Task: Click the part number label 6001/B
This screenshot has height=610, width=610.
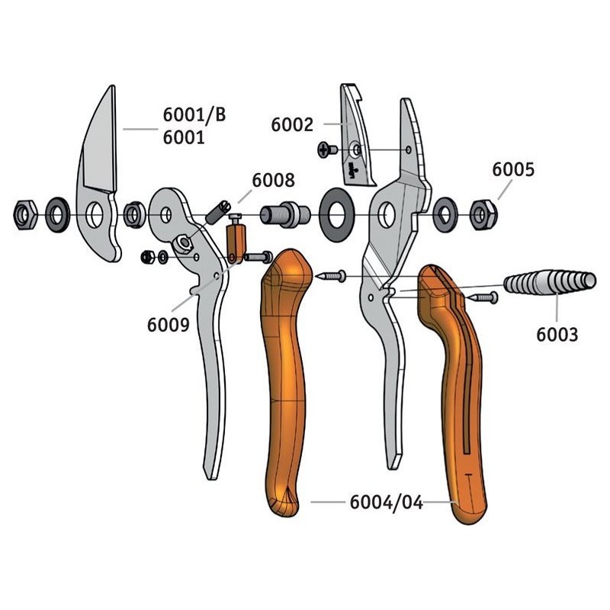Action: pyautogui.click(x=194, y=115)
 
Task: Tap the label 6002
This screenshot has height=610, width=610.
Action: pyautogui.click(x=292, y=125)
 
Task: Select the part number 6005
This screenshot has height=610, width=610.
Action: pyautogui.click(x=513, y=169)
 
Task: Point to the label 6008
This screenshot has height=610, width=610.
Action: pyautogui.click(x=274, y=181)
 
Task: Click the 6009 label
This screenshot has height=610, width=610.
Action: pyautogui.click(x=168, y=325)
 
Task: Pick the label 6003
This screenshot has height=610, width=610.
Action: pyautogui.click(x=557, y=335)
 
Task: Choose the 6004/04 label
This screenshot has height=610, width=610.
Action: pyautogui.click(x=387, y=502)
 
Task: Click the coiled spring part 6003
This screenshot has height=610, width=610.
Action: pyautogui.click(x=550, y=282)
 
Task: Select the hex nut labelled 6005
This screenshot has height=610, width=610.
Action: pyautogui.click(x=483, y=214)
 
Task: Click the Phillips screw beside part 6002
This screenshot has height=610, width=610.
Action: pyautogui.click(x=328, y=149)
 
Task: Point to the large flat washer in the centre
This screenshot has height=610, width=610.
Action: pyautogui.click(x=336, y=214)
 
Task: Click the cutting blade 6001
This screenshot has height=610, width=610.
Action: pyautogui.click(x=98, y=174)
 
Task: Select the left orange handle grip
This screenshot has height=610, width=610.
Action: pyautogui.click(x=285, y=383)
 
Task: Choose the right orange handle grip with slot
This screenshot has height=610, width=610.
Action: pyautogui.click(x=453, y=393)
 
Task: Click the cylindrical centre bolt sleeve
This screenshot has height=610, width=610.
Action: pyautogui.click(x=285, y=214)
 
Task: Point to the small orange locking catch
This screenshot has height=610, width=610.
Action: pyautogui.click(x=236, y=239)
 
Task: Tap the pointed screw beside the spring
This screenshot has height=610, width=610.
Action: pyautogui.click(x=483, y=298)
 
